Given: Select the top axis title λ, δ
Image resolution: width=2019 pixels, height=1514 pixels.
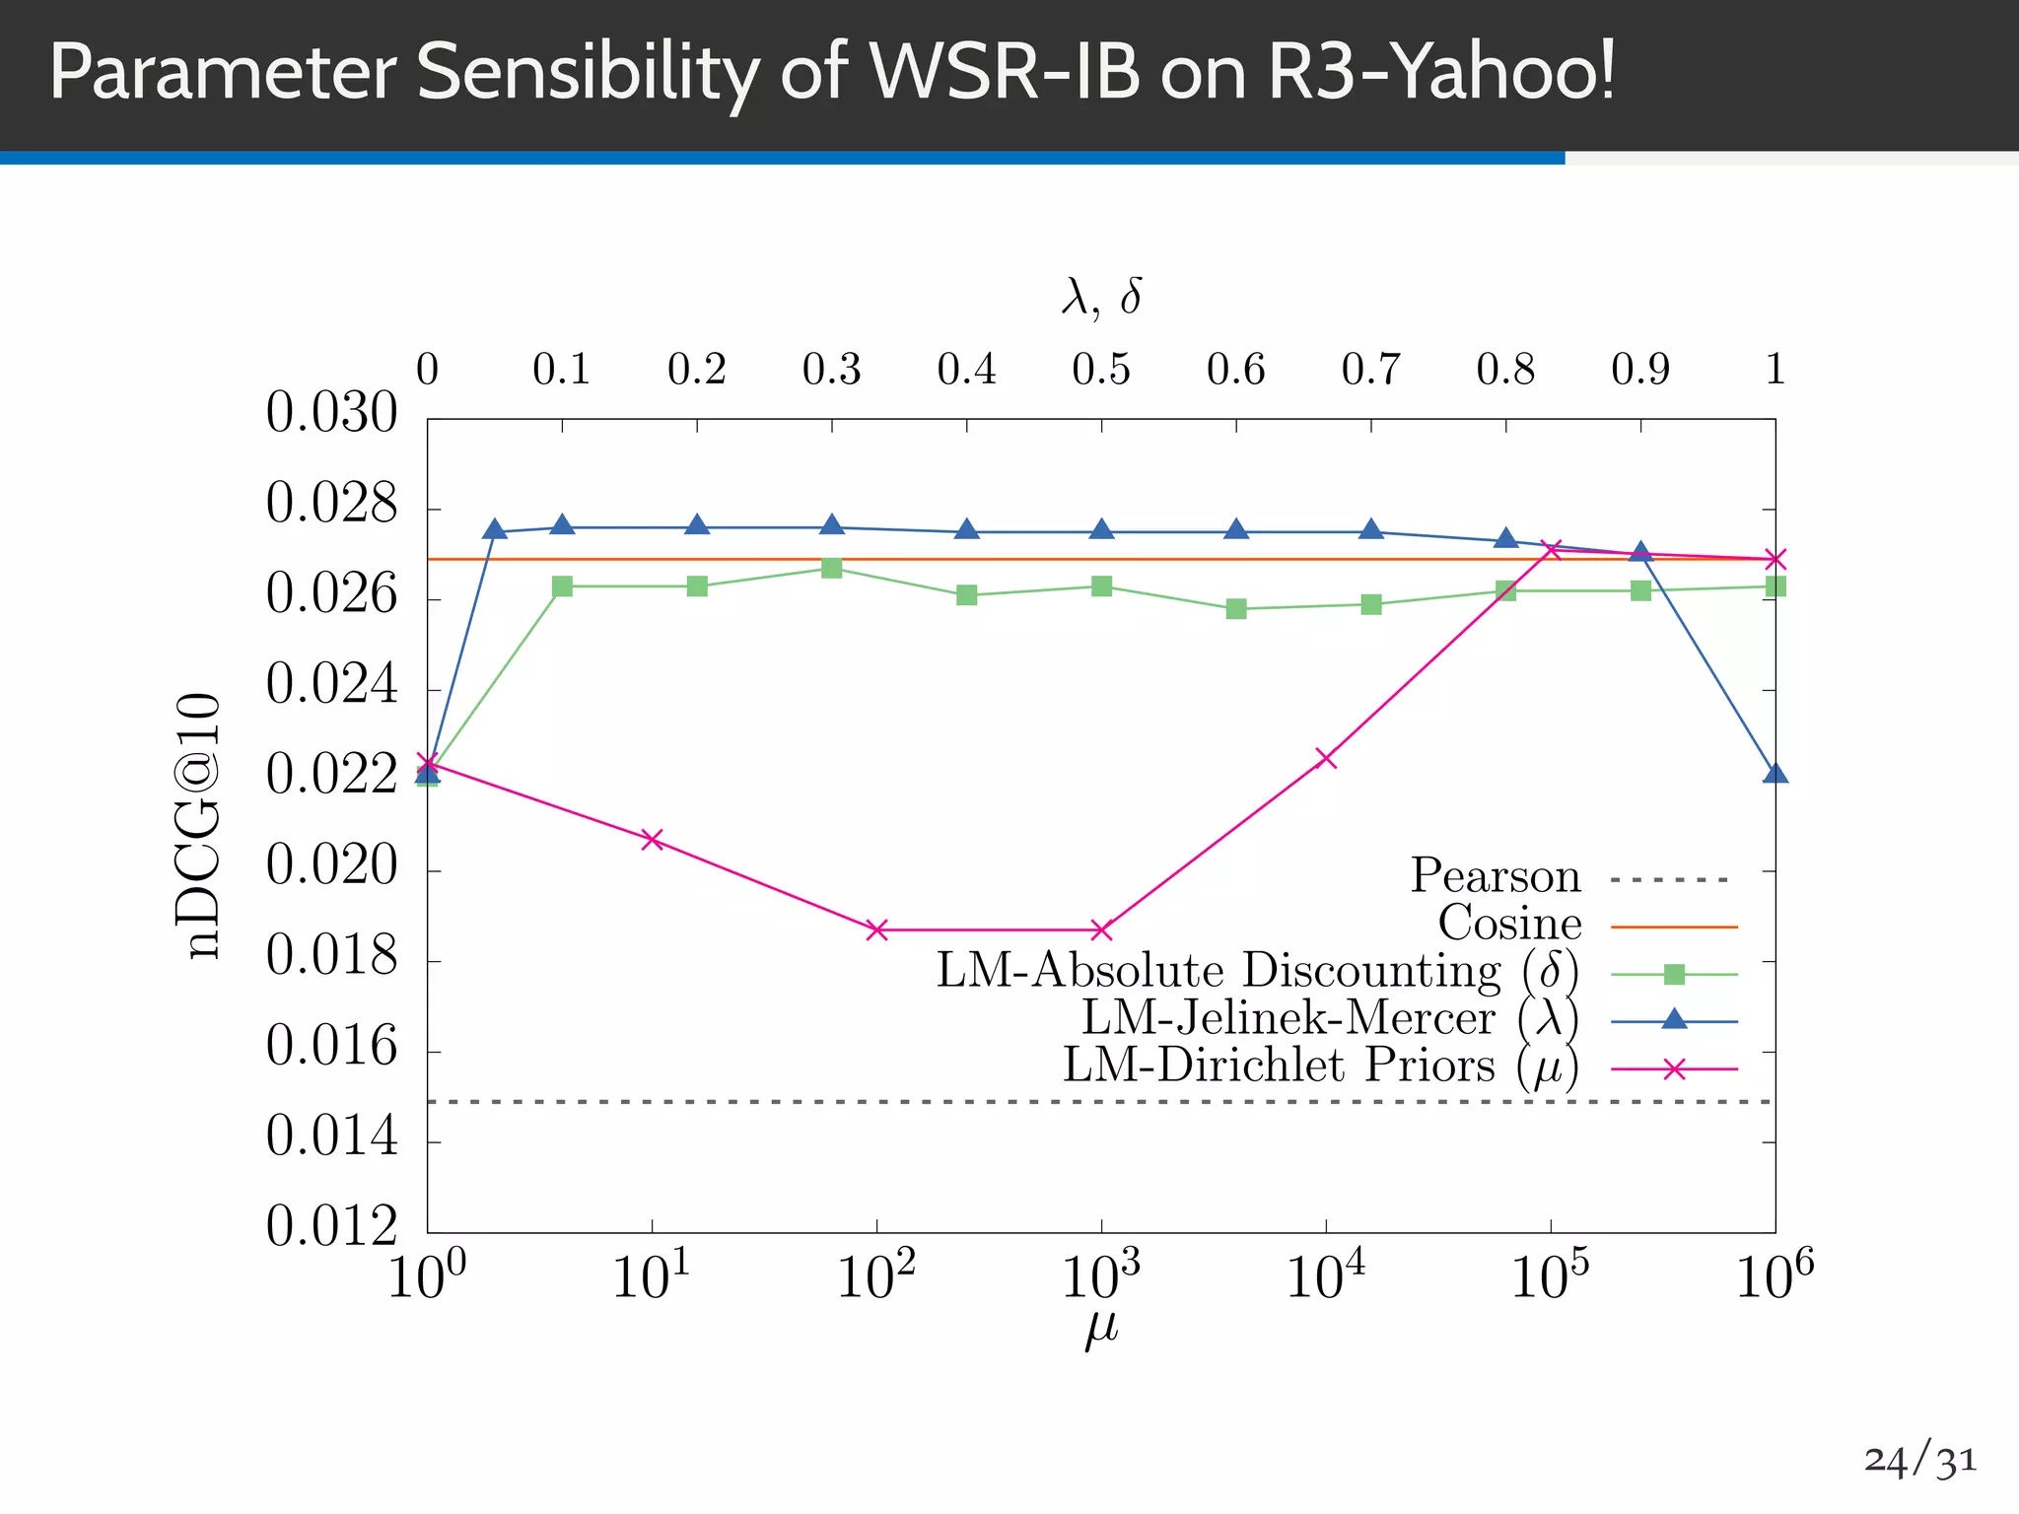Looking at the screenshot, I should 1101,296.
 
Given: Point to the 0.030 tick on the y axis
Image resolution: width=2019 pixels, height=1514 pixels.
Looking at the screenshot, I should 331,413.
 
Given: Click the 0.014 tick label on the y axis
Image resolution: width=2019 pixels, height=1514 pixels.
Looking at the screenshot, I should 331,1136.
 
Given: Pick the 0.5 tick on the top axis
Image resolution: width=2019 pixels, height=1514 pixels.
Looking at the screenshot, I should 1101,370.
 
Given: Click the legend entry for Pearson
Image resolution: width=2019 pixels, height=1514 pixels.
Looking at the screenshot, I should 1495,876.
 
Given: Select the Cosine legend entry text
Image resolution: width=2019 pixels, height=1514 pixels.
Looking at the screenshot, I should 1509,924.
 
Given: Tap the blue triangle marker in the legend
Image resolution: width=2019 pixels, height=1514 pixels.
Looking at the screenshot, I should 1673,1019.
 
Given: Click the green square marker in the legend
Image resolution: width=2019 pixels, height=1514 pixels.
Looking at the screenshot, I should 1673,974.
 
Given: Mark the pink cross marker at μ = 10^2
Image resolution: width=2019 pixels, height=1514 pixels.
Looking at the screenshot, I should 876,929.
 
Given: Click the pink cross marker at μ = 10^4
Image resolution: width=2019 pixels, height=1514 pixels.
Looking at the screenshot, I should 1326,758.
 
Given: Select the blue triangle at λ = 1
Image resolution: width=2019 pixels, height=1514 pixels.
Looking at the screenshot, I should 1775,774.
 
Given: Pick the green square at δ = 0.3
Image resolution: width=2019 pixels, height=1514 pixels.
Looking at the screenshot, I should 831,569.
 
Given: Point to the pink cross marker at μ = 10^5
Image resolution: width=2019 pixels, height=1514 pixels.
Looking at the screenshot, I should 1551,549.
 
